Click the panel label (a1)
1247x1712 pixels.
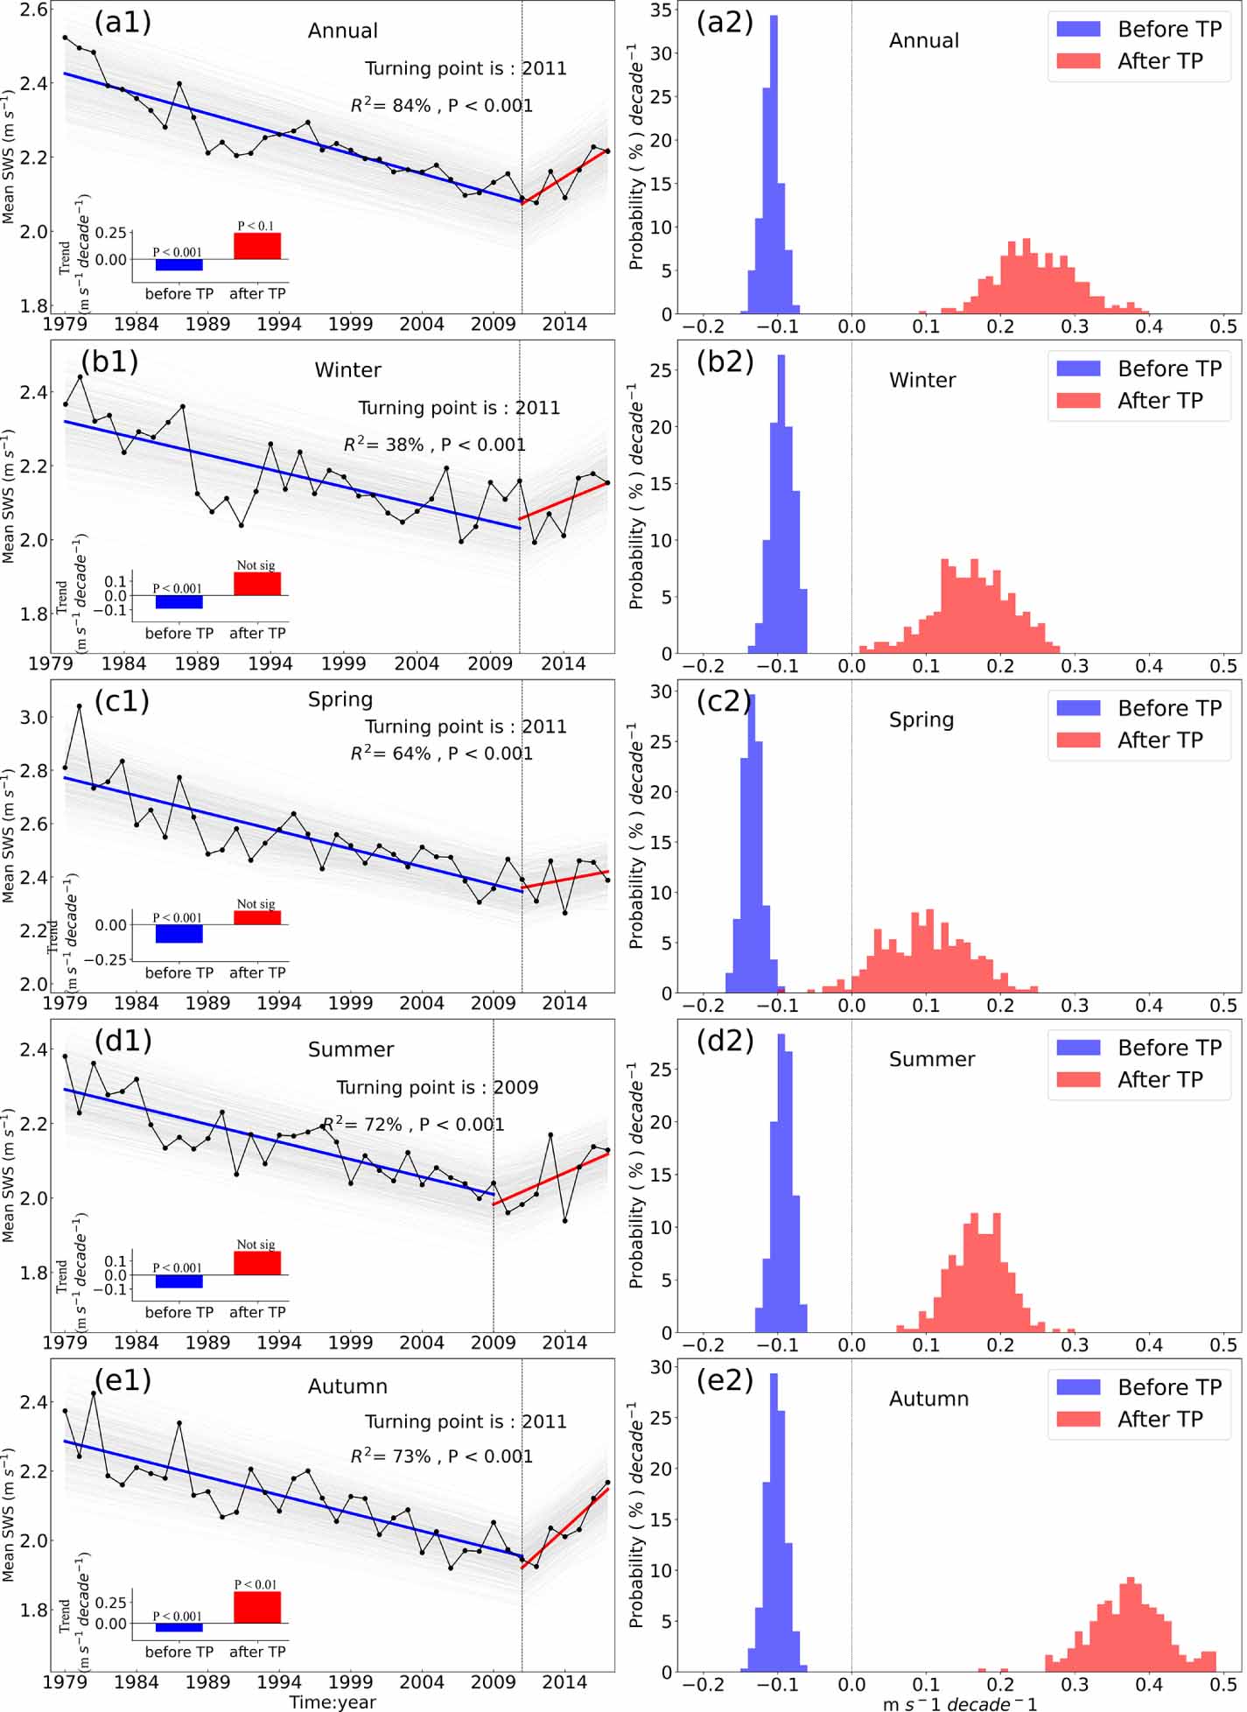point(122,22)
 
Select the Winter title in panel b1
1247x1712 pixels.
point(347,370)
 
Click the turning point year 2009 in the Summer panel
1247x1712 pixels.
point(515,1087)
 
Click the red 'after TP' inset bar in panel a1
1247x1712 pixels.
point(257,246)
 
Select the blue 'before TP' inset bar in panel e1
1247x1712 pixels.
point(179,1627)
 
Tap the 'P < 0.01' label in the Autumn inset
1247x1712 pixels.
point(256,1584)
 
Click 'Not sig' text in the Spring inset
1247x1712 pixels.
point(256,904)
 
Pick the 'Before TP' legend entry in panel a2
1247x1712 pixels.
point(1138,29)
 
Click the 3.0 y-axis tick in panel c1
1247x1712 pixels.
point(34,718)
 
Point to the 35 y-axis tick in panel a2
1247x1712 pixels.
point(661,11)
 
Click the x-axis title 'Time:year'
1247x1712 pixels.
point(333,1702)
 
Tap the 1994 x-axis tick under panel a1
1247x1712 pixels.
point(278,325)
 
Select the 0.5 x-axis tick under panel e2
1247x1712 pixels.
point(1222,1684)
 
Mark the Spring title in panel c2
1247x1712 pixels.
point(921,719)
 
